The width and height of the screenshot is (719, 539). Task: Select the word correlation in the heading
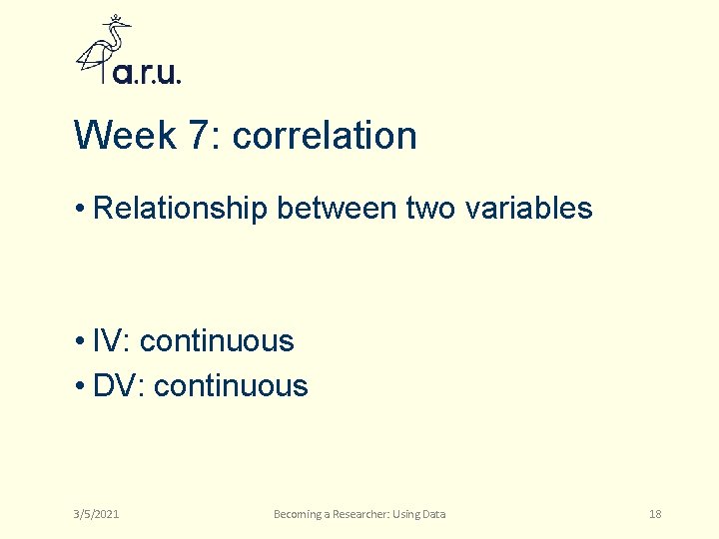point(325,136)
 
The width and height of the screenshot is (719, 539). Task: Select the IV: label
point(112,341)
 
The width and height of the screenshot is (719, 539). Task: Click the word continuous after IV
point(217,341)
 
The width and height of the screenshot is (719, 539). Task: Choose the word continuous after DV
point(231,386)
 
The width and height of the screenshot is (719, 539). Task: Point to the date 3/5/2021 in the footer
point(96,514)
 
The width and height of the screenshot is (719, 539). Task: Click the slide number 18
point(655,514)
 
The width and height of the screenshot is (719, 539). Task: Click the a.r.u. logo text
point(148,73)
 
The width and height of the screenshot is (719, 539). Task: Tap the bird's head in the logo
point(119,27)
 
